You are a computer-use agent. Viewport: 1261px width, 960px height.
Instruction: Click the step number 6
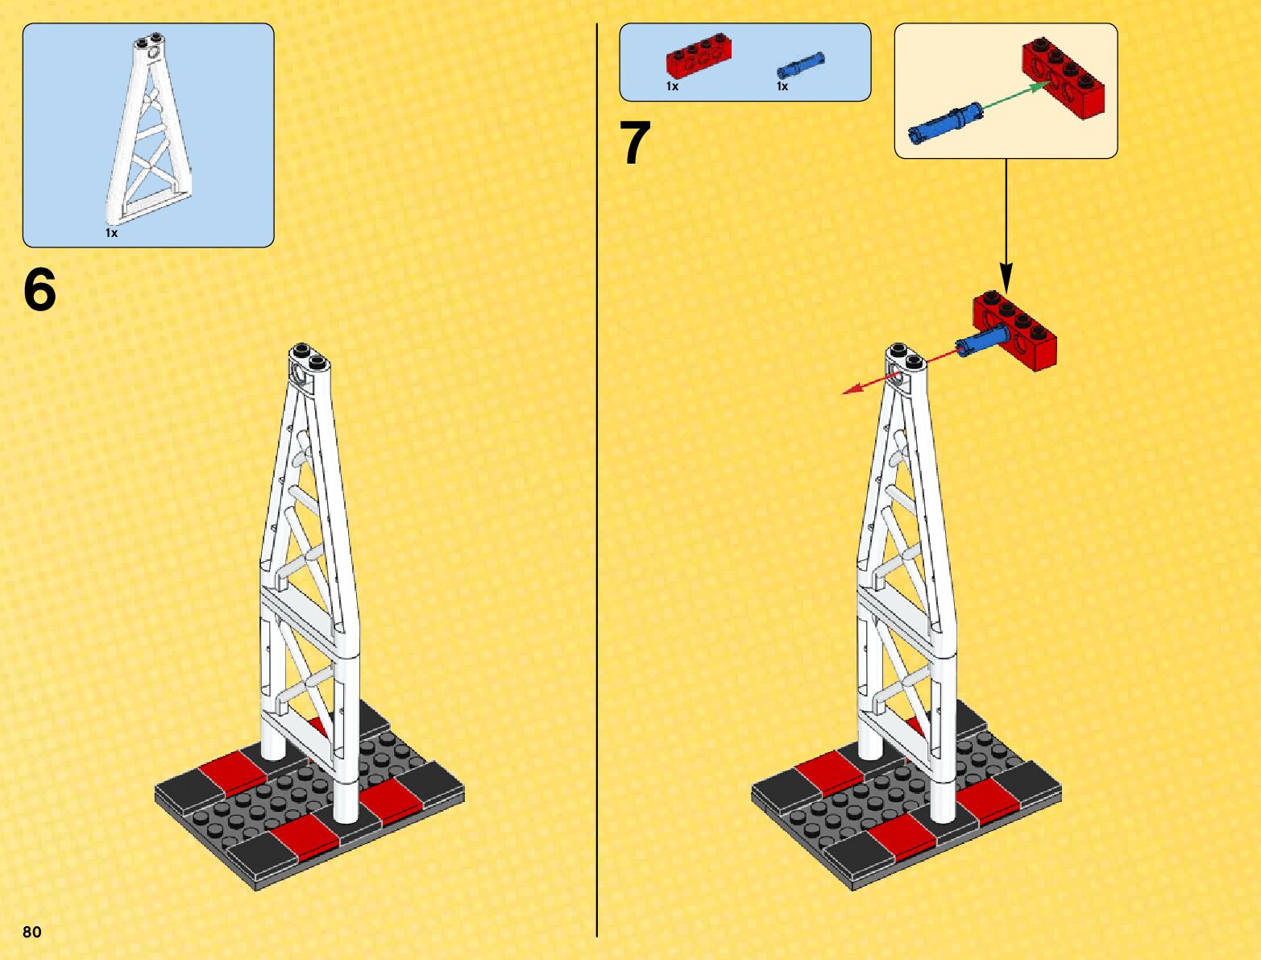(x=39, y=289)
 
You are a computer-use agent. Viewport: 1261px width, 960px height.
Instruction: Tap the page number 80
(x=32, y=931)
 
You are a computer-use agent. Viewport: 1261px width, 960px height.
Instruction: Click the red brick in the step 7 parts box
(x=694, y=56)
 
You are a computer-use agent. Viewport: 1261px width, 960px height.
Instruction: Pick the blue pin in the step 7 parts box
(x=800, y=65)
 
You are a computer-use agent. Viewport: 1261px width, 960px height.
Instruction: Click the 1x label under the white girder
(x=111, y=233)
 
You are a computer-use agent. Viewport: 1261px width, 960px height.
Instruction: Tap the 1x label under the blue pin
(x=782, y=86)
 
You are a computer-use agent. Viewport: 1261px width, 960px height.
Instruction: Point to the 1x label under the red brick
(x=672, y=86)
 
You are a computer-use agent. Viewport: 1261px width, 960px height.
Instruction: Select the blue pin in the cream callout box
(x=946, y=123)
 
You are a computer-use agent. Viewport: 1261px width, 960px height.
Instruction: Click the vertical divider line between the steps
(x=597, y=480)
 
